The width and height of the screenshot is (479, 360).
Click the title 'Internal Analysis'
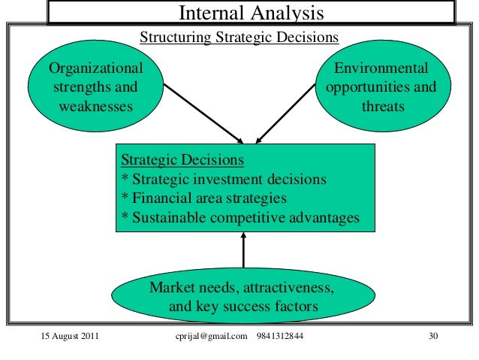pos(251,13)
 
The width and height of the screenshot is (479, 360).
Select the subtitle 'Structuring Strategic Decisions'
pos(239,37)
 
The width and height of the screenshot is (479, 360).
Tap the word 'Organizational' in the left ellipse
pos(95,69)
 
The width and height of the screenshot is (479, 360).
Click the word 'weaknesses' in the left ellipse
pos(95,106)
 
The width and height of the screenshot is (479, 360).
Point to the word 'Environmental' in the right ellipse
pos(382,69)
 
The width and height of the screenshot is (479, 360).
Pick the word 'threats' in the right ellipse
pos(382,106)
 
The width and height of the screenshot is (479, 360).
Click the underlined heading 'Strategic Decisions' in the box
pos(182,161)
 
